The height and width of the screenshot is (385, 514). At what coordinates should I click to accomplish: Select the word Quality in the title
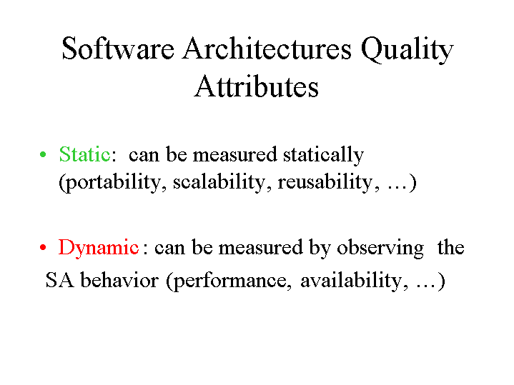tap(407, 50)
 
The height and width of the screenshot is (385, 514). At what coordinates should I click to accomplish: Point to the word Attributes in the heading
tap(256, 86)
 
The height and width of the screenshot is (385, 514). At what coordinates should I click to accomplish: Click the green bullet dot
tap(43, 154)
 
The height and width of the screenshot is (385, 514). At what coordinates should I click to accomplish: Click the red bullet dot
tap(43, 246)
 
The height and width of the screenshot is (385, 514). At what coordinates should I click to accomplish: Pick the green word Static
tap(84, 154)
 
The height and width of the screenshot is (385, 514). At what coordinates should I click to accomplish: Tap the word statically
tap(324, 155)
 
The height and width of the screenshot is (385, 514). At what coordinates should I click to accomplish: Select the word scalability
tap(219, 181)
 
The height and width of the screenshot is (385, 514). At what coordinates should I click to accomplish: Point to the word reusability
tap(325, 183)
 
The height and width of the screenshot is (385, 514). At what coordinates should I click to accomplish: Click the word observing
tap(380, 249)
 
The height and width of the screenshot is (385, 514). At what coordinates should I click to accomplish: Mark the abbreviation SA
tap(59, 280)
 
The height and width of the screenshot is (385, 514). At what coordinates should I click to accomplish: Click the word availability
tap(351, 281)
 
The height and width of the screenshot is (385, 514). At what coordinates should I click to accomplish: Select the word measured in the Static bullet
tap(235, 154)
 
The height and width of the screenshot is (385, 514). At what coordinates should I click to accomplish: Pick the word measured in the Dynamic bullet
tap(261, 247)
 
